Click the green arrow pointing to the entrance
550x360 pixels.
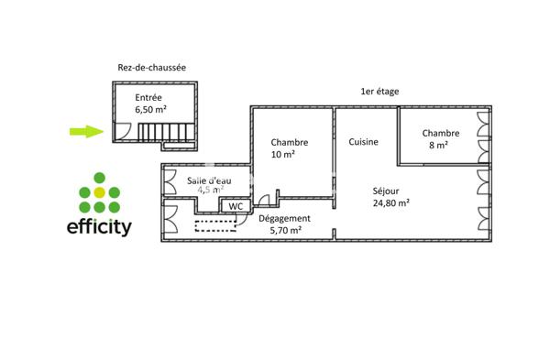tap(87, 131)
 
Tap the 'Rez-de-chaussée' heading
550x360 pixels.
tap(152, 67)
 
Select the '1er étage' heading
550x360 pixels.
tap(379, 92)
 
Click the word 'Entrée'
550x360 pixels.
tap(149, 97)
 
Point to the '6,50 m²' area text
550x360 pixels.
tap(150, 109)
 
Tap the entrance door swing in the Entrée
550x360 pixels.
tap(120, 132)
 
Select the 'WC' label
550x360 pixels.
tap(236, 206)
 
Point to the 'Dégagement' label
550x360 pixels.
tap(284, 219)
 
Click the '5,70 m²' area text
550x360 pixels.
tap(284, 231)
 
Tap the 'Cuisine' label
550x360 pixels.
tap(364, 142)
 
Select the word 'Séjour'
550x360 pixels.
tap(385, 191)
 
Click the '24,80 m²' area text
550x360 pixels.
tap(390, 203)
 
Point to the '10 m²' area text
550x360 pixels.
tap(282, 155)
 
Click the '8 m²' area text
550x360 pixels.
tap(439, 145)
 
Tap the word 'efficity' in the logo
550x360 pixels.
tap(100, 225)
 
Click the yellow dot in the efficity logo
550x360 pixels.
tap(100, 192)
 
